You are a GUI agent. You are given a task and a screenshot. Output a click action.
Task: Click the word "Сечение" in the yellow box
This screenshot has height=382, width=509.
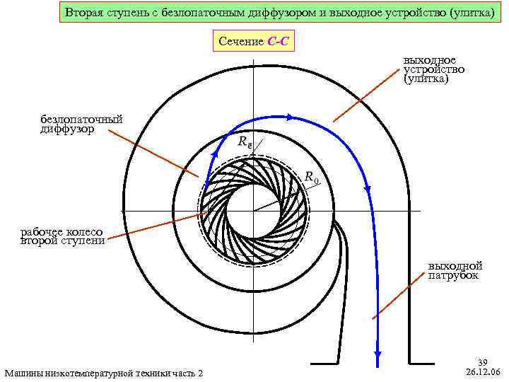242,42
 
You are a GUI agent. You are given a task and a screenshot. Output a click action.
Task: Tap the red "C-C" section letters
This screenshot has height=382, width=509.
278,42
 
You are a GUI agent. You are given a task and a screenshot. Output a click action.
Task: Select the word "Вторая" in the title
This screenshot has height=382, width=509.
84,13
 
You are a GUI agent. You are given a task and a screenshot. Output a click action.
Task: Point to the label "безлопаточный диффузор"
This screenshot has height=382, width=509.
81,125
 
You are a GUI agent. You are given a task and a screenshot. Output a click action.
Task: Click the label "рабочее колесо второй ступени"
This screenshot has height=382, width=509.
62,236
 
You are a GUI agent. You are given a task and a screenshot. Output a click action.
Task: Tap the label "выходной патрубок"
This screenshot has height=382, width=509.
454,270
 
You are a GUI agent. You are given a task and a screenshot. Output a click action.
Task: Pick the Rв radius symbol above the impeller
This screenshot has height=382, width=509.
245,141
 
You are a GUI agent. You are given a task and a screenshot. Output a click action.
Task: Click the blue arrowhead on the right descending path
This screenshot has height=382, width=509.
367,188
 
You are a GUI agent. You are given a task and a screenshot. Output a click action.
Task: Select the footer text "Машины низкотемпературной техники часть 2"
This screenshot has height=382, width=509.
103,373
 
